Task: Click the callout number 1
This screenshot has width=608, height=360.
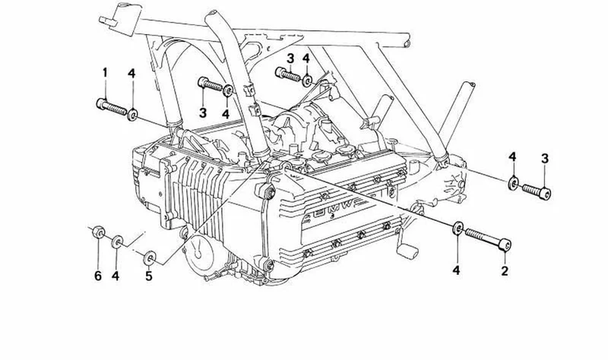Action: [105, 72]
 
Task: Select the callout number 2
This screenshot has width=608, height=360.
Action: [504, 270]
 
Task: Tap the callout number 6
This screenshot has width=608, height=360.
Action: [98, 276]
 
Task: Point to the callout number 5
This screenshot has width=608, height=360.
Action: [149, 276]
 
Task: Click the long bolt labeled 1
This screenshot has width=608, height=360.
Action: [111, 107]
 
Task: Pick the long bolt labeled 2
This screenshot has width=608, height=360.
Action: [488, 238]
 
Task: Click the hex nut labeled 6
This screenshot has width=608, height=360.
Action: [98, 232]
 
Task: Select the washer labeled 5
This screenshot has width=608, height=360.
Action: [150, 258]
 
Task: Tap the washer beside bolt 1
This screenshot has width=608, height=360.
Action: [132, 115]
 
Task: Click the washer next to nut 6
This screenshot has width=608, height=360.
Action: [117, 242]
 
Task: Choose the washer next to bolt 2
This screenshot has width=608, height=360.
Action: [458, 228]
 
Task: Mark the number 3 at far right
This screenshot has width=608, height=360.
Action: [545, 159]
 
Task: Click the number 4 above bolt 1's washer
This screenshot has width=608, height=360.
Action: [131, 73]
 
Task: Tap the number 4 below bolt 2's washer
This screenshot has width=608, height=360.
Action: [456, 270]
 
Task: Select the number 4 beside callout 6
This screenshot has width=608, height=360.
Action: [116, 276]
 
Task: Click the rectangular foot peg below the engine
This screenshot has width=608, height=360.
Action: [407, 251]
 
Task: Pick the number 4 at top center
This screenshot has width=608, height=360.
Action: [306, 59]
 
